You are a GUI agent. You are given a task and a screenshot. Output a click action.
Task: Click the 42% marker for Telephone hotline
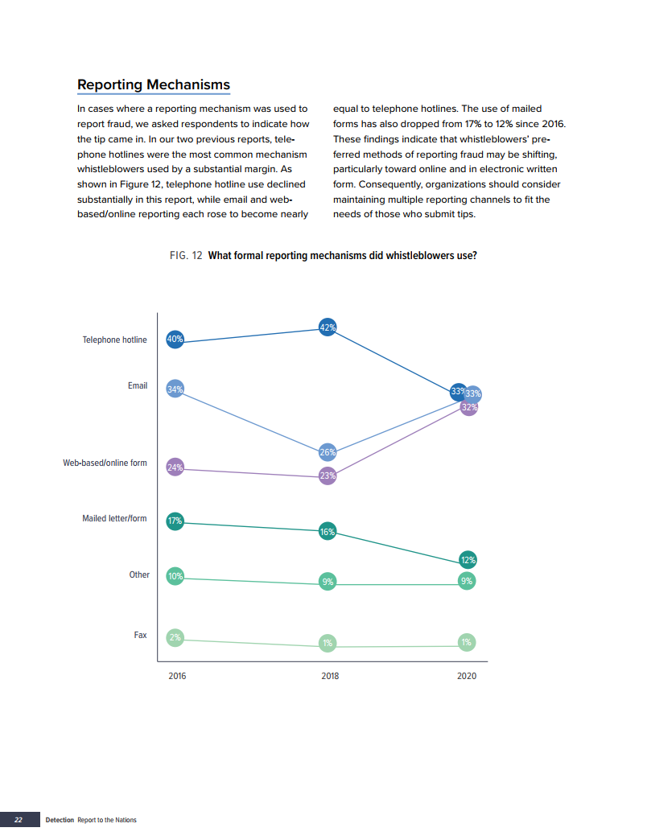[x=328, y=327]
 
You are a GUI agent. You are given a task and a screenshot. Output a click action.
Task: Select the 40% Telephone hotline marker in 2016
[x=175, y=340]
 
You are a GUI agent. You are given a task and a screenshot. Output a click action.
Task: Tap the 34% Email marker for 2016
[x=175, y=389]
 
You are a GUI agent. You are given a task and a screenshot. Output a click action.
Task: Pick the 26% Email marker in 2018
[x=328, y=452]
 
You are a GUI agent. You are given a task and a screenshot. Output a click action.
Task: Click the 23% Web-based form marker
[x=328, y=476]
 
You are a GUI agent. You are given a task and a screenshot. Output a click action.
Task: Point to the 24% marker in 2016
[x=175, y=467]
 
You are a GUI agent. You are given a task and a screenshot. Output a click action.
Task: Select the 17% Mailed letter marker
[x=175, y=521]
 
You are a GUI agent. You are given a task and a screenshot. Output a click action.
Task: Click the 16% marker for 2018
[x=328, y=531]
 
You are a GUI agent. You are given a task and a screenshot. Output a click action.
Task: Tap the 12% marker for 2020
[x=468, y=560]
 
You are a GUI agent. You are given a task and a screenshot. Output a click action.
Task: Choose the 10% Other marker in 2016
[x=175, y=576]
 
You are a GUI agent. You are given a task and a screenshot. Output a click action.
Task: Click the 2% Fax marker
[x=175, y=638]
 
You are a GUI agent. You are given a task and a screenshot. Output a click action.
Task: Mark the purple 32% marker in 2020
[x=469, y=407]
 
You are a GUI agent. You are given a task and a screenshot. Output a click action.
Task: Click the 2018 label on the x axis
[x=330, y=676]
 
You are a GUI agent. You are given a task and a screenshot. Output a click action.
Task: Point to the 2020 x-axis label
[x=467, y=676]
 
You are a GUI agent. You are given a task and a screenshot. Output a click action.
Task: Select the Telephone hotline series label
[x=114, y=340]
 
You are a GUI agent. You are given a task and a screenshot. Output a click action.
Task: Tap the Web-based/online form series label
[x=105, y=463]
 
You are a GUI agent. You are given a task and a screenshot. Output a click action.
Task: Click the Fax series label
[x=140, y=635]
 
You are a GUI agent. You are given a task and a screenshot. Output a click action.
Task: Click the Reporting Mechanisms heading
[x=153, y=84]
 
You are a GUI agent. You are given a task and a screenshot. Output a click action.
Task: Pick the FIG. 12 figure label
[x=186, y=256]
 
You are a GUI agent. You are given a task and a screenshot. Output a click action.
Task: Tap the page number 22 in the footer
[x=18, y=820]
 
